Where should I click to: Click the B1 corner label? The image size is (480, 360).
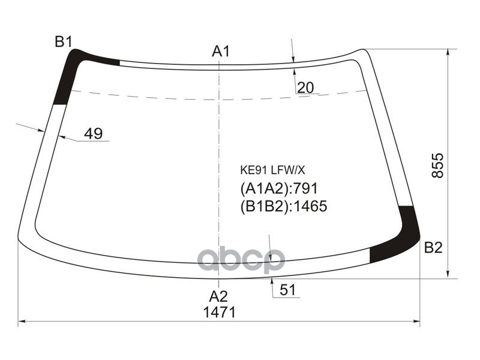pos(64,42)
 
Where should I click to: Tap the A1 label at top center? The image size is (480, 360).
pos(221,52)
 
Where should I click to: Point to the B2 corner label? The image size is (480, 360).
pos(433,247)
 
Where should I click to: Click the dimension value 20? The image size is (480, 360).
pos(305,88)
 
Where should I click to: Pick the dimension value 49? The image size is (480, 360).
pos(93,134)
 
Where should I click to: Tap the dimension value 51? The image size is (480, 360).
pos(288,290)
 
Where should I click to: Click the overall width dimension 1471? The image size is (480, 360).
pos(219,313)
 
